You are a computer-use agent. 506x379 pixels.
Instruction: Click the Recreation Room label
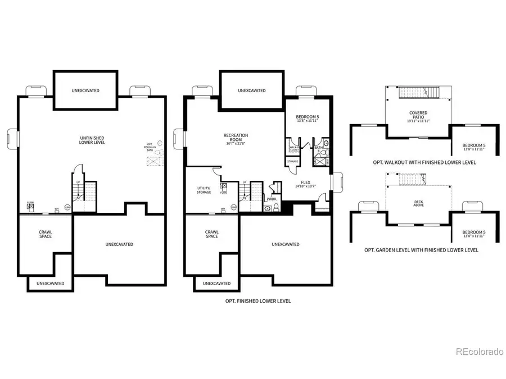click(236, 135)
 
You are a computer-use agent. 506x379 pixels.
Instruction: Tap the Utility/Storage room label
click(204, 190)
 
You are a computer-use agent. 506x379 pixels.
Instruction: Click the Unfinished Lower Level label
click(92, 140)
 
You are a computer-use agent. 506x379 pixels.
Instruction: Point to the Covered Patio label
click(419, 115)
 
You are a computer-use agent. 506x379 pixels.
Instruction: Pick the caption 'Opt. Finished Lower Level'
click(257, 302)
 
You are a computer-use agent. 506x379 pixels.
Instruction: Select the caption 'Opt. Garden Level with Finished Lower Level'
click(425, 250)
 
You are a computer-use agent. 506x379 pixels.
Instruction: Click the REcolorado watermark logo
click(479, 352)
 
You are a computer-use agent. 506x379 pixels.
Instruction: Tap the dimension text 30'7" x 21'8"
click(236, 144)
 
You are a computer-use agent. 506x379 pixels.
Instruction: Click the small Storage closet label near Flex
click(292, 162)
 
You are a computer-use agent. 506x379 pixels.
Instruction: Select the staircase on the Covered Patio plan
click(418, 92)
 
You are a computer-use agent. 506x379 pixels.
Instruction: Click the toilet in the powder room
click(269, 208)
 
